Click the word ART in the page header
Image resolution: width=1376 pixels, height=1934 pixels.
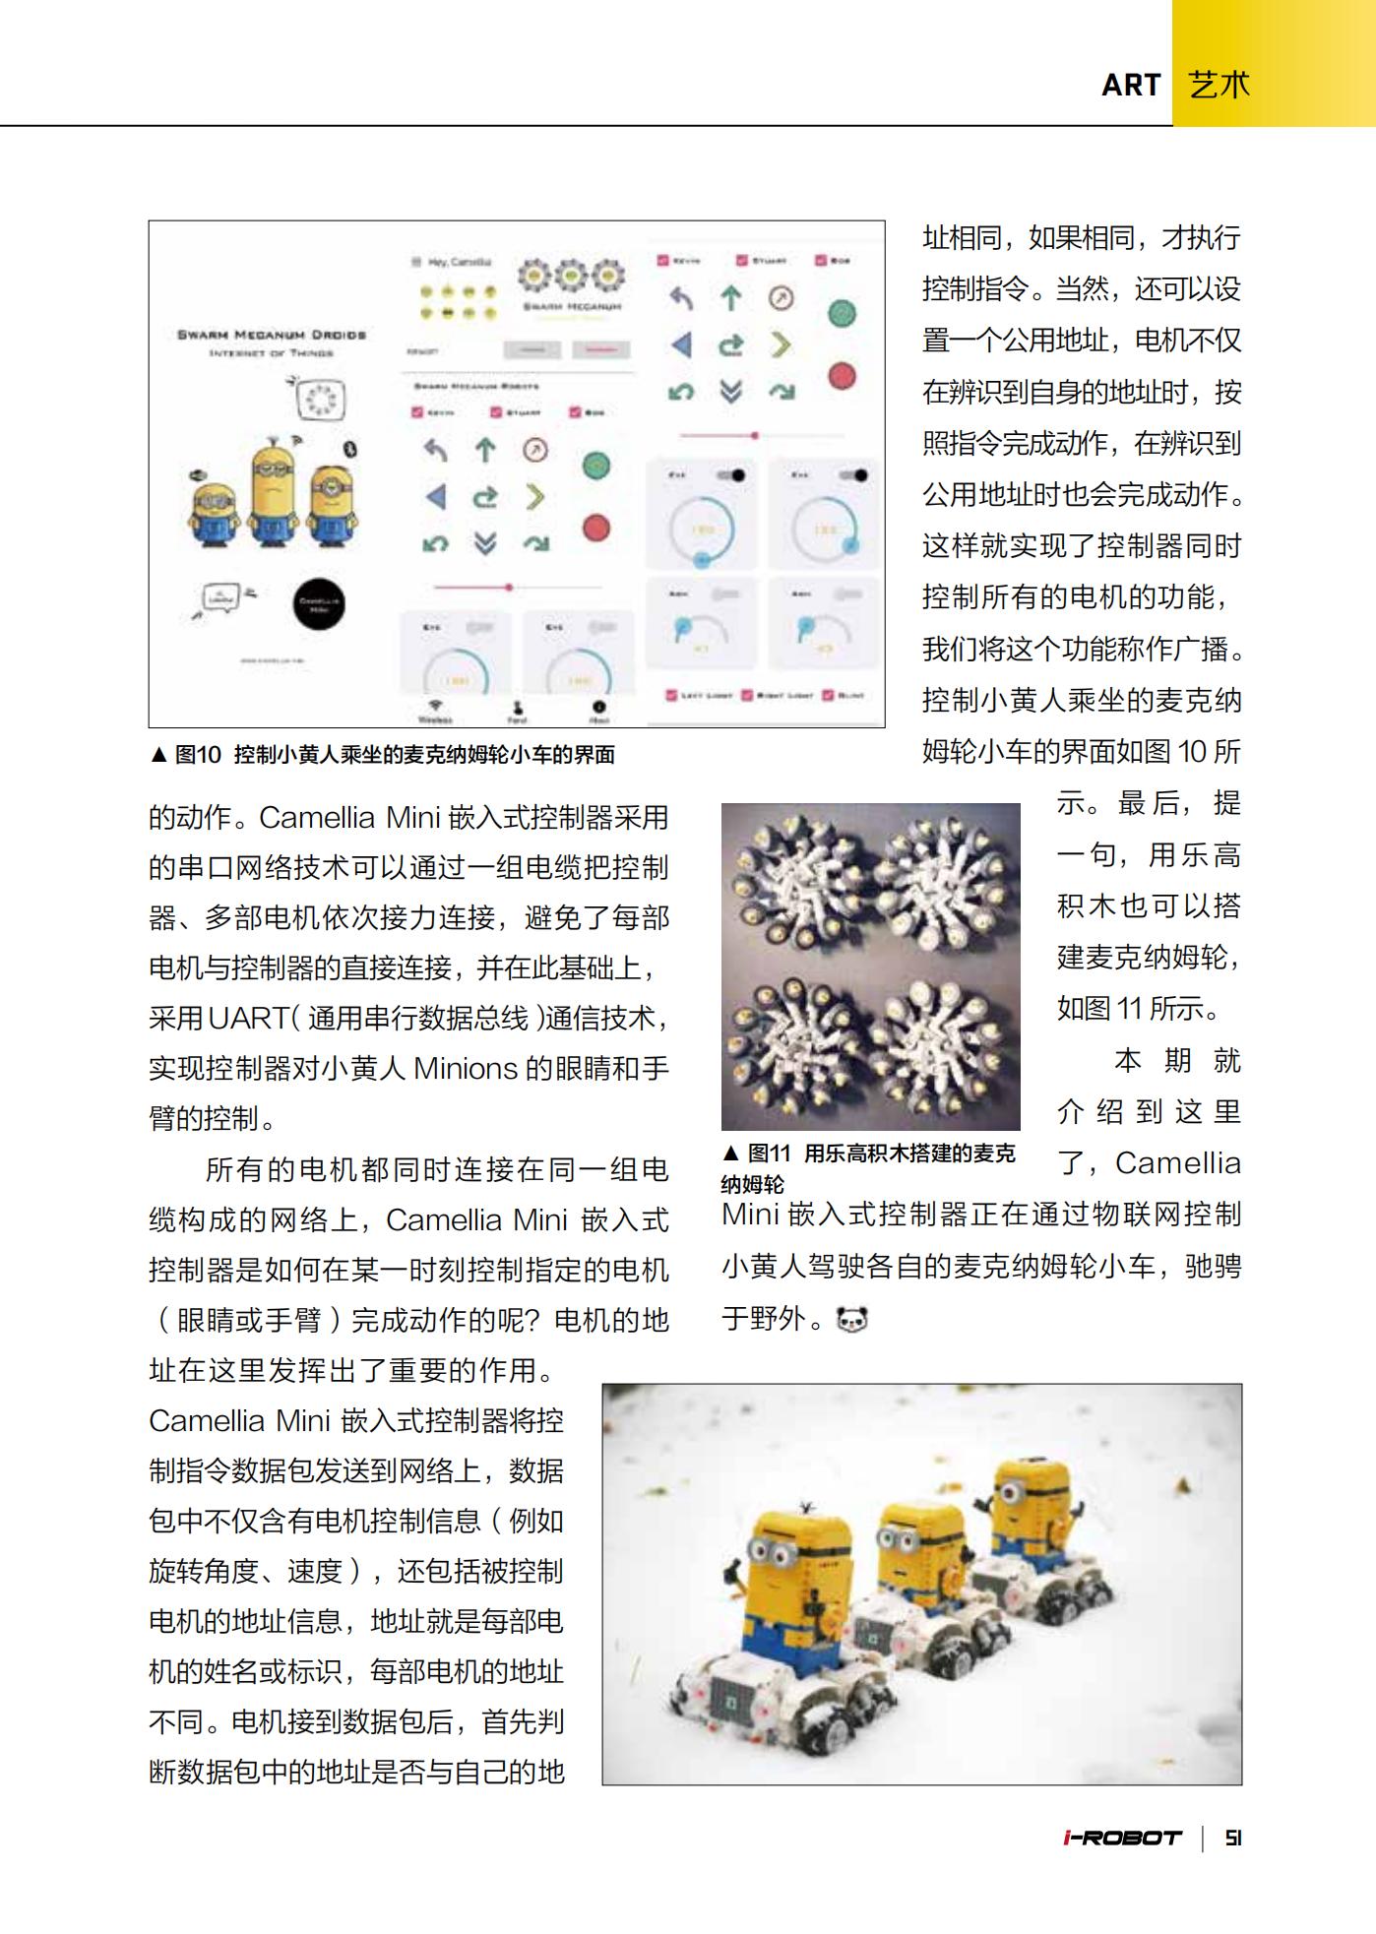coord(1131,86)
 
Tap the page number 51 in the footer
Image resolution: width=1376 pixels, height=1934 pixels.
coord(1233,1838)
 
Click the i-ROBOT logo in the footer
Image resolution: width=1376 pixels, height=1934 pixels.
coord(1122,1838)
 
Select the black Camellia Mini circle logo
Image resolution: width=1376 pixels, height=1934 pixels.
coord(319,602)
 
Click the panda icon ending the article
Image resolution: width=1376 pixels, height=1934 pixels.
coord(851,1319)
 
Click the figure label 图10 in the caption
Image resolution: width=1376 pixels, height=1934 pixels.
coord(198,755)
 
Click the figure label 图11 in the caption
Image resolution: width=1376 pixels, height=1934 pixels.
coord(769,1154)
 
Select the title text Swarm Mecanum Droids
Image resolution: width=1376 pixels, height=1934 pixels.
coord(272,335)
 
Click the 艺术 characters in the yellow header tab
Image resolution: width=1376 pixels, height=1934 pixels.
coord(1219,86)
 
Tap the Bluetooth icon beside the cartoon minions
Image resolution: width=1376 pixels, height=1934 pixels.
coord(348,449)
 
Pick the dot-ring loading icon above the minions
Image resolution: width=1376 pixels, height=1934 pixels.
coord(319,399)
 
